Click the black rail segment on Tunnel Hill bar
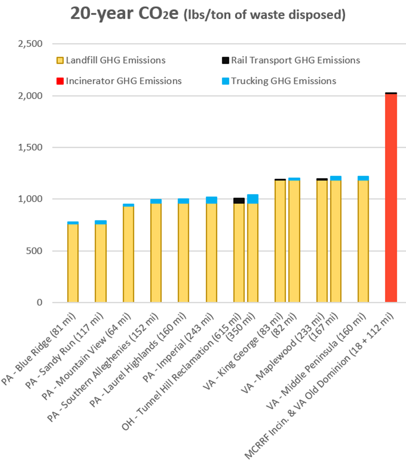point(239,201)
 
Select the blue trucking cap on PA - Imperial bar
point(211,200)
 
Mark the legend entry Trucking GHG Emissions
point(283,81)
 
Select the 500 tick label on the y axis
point(34,251)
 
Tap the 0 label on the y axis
point(39,303)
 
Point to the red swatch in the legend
point(60,82)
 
